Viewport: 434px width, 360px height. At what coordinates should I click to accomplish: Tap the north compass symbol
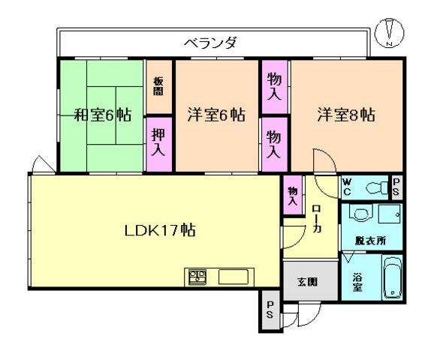click(390, 32)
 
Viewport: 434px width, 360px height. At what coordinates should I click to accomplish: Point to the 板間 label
click(158, 86)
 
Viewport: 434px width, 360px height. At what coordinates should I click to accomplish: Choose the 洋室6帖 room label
click(215, 115)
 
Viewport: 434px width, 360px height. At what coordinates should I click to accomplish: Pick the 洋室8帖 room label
click(345, 115)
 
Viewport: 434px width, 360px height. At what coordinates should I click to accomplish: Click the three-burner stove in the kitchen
click(197, 277)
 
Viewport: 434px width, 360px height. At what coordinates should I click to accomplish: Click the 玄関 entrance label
click(306, 283)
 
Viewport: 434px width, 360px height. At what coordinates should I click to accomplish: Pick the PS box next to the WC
click(396, 187)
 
